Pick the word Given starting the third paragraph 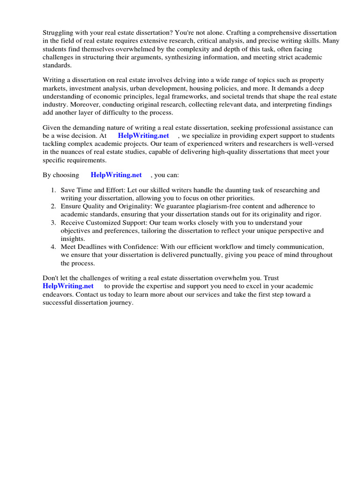(x=52, y=128)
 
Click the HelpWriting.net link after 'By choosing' (x=116, y=175)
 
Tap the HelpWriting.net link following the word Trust (x=68, y=286)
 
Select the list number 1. (x=53, y=190)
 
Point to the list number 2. (x=53, y=206)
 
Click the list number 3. (x=53, y=223)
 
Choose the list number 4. (x=53, y=247)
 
